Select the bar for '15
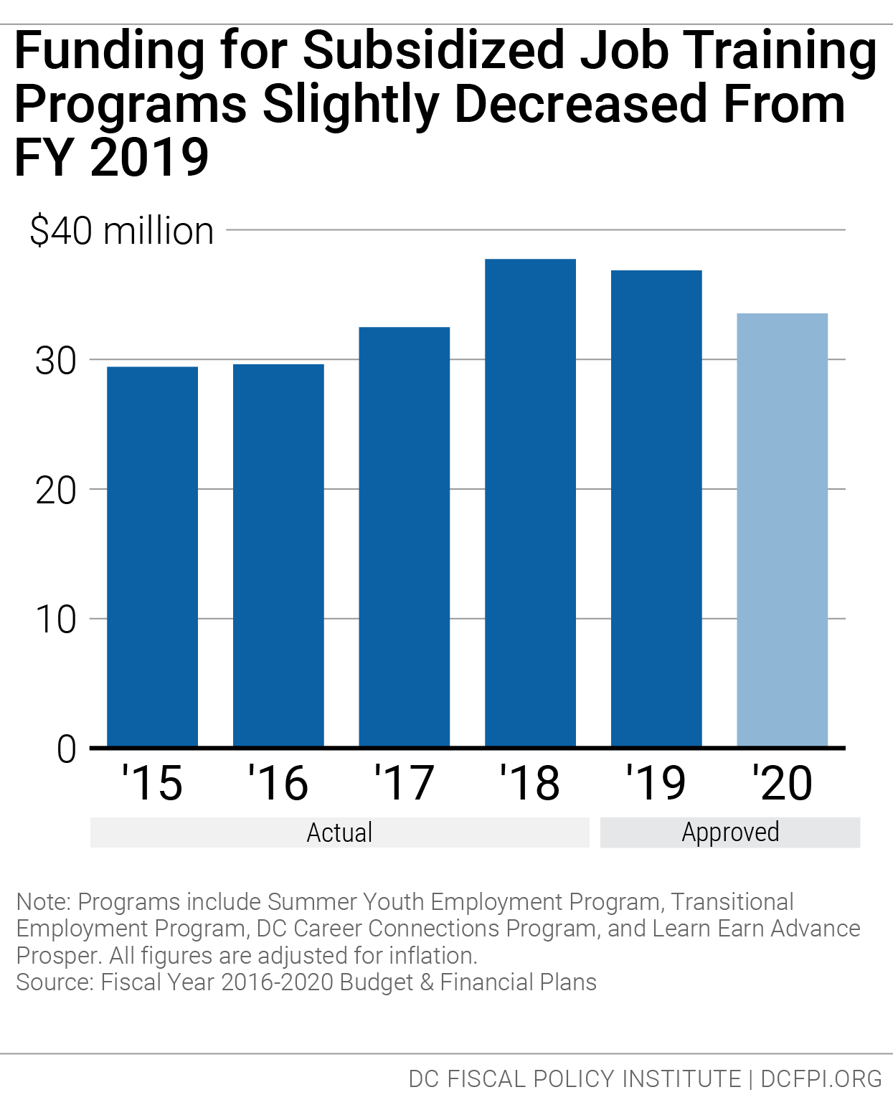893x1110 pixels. [x=152, y=556]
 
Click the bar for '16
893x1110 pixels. [x=278, y=556]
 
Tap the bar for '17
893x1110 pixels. [x=404, y=537]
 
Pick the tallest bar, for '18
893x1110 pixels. [x=530, y=503]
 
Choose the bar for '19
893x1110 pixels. [x=656, y=508]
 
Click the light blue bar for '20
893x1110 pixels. [x=782, y=530]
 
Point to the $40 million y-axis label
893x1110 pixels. [x=122, y=232]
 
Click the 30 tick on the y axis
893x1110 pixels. [x=56, y=361]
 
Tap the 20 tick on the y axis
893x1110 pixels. [x=56, y=490]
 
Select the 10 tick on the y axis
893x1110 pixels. [x=56, y=620]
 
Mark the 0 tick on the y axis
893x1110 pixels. [x=66, y=749]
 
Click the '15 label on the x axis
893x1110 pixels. [x=152, y=783]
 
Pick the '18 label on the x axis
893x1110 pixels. [x=530, y=783]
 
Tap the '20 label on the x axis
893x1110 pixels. [x=782, y=783]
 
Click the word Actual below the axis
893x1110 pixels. [x=339, y=833]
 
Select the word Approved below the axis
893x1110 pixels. [x=730, y=833]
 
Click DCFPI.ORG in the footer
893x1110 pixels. [x=821, y=1078]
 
